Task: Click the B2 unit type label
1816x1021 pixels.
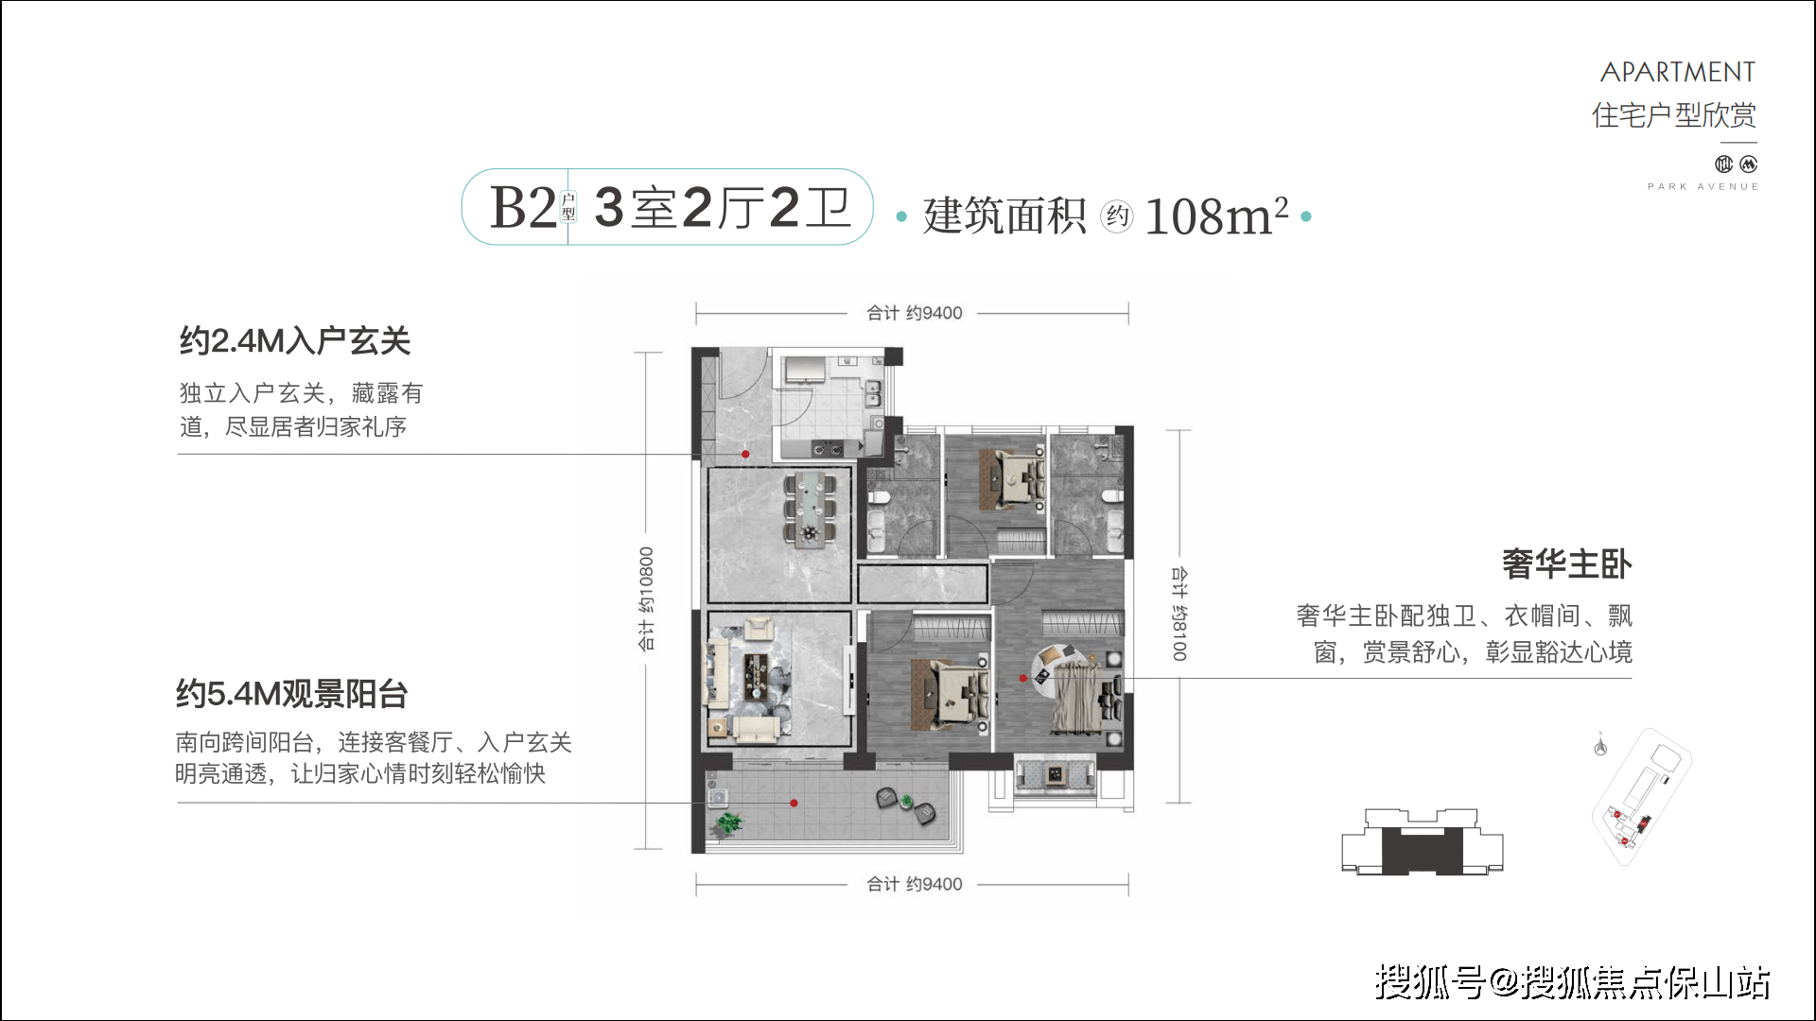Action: [x=523, y=207]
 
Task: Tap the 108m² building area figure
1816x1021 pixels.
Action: [x=1216, y=216]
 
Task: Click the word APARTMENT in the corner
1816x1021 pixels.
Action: [x=1677, y=72]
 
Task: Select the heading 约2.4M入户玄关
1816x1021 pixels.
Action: [x=295, y=340]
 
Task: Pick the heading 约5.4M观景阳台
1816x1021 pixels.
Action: [x=291, y=694]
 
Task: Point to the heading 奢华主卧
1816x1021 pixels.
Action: [x=1567, y=564]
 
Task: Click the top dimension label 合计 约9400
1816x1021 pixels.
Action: [x=915, y=313]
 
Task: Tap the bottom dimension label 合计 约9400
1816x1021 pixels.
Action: [x=915, y=884]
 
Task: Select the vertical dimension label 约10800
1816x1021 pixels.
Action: [x=646, y=599]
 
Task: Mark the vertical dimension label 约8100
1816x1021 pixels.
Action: [x=1179, y=614]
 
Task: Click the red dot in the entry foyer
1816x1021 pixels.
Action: [x=745, y=455]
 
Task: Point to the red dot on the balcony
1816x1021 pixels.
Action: [x=794, y=804]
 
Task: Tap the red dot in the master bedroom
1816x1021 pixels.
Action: [x=1022, y=679]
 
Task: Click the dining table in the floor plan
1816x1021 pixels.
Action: [x=810, y=510]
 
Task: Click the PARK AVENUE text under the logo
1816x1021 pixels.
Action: [x=1702, y=187]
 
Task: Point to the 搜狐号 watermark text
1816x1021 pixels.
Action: [x=1429, y=982]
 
